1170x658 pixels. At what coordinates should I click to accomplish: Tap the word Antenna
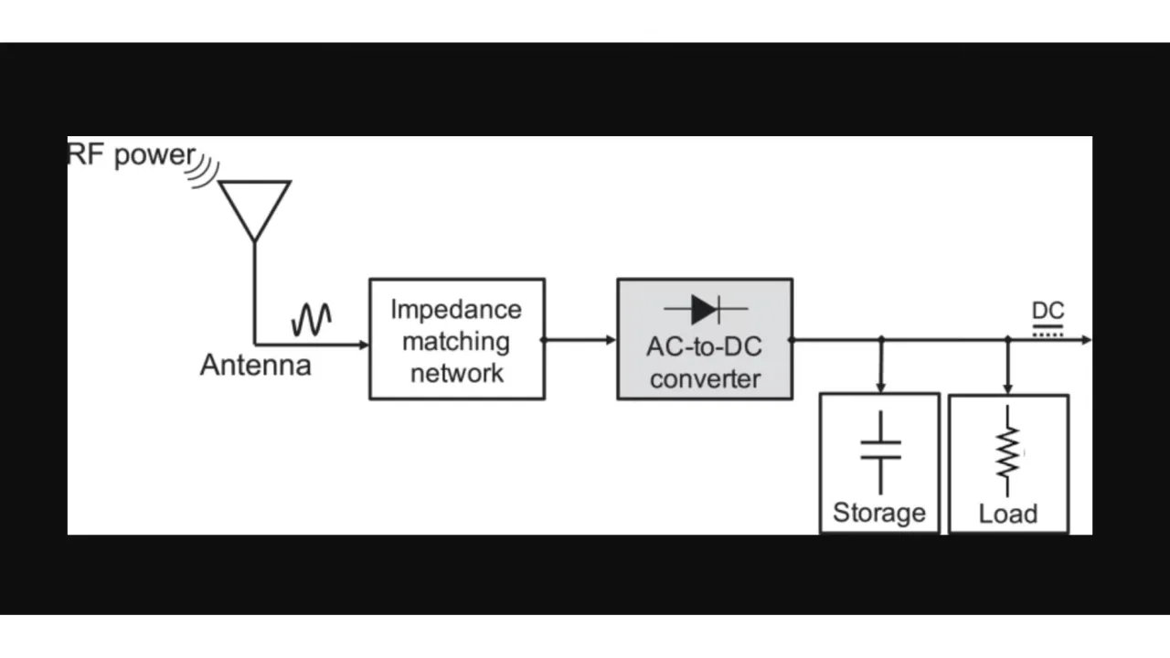click(x=255, y=366)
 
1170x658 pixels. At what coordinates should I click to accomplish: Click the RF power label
click(x=131, y=154)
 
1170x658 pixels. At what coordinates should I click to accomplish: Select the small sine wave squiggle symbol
click(x=311, y=320)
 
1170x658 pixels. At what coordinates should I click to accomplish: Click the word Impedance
click(x=456, y=309)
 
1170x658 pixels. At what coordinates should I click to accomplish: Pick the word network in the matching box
click(x=456, y=373)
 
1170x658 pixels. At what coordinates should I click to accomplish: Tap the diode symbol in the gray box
click(x=705, y=310)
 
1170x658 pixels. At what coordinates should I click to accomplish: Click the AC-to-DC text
click(x=704, y=347)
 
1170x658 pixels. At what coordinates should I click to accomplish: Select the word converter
click(x=705, y=378)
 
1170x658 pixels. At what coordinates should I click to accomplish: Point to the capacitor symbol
click(x=880, y=451)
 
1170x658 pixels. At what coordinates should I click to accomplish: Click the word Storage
click(x=879, y=513)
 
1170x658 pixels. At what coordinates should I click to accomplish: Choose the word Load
click(x=1007, y=514)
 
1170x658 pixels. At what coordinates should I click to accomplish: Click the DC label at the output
click(x=1048, y=311)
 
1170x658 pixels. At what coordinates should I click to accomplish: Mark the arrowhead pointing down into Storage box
click(x=880, y=387)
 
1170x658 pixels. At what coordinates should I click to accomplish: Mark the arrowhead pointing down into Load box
click(x=1007, y=388)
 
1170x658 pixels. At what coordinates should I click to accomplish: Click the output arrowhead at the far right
click(x=1086, y=340)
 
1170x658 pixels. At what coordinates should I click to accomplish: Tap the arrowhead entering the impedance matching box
click(x=364, y=345)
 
